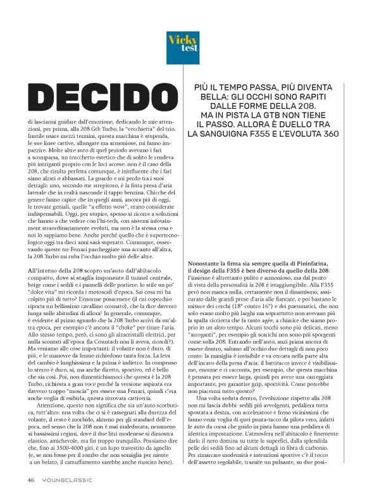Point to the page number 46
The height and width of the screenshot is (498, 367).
point(30,480)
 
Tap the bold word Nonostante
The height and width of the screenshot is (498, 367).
point(206,263)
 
